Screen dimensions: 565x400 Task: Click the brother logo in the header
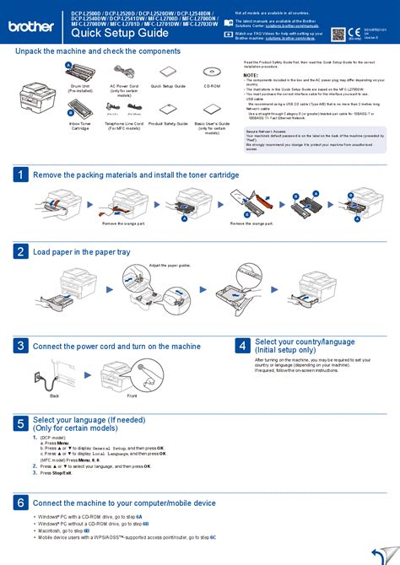(x=31, y=26)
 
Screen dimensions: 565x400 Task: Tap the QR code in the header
(x=339, y=34)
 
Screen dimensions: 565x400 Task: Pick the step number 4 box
(x=242, y=346)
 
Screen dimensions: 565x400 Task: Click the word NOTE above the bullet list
(x=251, y=75)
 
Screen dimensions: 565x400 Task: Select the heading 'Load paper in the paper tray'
(x=81, y=251)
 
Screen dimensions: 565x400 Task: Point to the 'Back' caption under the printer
(x=54, y=395)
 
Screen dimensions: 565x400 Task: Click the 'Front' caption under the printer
(x=132, y=395)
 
